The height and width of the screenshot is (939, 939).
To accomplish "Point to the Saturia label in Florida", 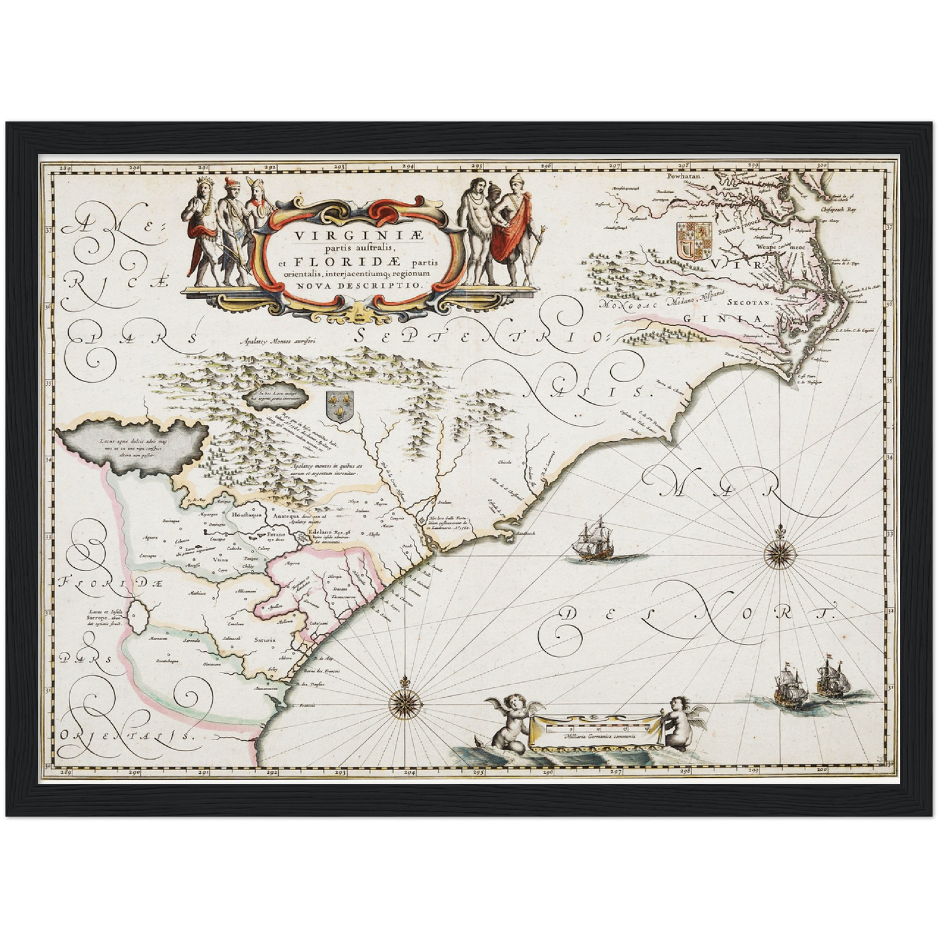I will click(264, 639).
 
